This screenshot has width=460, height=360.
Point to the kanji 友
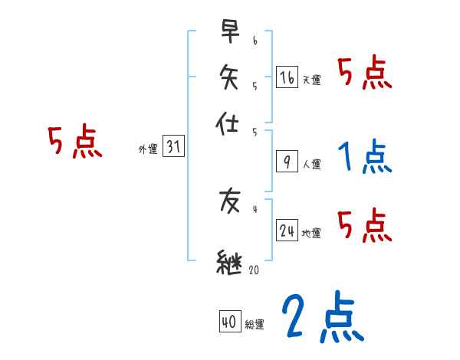pyautogui.click(x=230, y=202)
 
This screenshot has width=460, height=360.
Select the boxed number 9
pyautogui.click(x=287, y=161)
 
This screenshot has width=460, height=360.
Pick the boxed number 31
pyautogui.click(x=173, y=148)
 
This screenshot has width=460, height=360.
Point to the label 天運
pyautogui.click(x=311, y=80)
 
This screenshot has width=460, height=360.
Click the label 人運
pyautogui.click(x=311, y=163)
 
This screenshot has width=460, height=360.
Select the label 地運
pyautogui.click(x=311, y=233)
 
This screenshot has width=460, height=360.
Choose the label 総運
pyautogui.click(x=254, y=325)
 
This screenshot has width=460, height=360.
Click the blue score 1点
pyautogui.click(x=363, y=158)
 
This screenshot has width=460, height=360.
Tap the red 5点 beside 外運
pyautogui.click(x=74, y=143)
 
